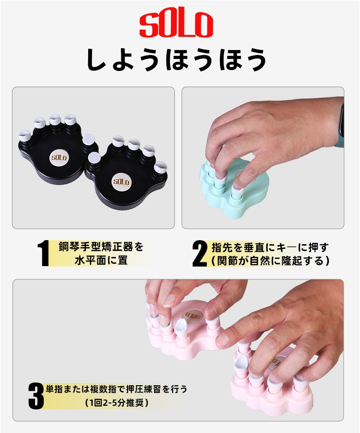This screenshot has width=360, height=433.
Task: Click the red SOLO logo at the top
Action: coord(176,25)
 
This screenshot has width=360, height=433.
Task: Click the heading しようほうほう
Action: coord(177,60)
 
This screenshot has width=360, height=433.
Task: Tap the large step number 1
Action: coord(43,253)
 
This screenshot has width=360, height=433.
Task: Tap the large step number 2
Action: coord(200,253)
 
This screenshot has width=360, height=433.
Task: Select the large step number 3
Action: coord(36,396)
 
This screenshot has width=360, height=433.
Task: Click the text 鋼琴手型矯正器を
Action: coord(101,247)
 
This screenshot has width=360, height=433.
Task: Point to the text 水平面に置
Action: coord(101,260)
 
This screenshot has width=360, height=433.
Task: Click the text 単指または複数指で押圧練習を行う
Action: coord(116,389)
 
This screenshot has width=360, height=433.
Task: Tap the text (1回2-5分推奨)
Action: coord(116,403)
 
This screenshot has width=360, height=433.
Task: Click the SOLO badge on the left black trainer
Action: coord(59,157)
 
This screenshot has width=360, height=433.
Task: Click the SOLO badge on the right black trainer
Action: coord(121,182)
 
